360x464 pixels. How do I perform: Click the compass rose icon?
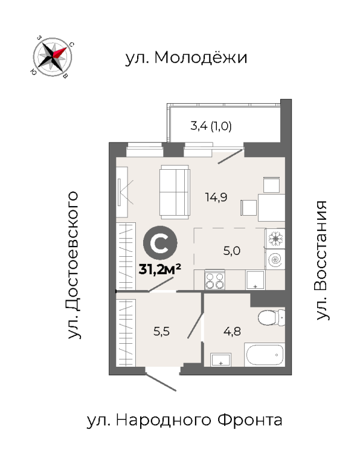(53, 57)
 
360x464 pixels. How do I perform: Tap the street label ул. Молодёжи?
(186, 58)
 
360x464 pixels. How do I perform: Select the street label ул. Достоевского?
(73, 265)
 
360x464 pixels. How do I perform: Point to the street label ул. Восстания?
(321, 260)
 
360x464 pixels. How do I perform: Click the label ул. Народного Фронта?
(184, 420)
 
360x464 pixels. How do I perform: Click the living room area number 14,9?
(216, 197)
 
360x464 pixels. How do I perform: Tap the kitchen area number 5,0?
(231, 251)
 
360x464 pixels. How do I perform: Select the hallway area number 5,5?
(161, 332)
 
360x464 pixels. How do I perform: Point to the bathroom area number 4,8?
(232, 332)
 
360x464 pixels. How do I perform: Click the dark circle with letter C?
(160, 243)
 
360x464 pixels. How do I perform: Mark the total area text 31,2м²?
(159, 269)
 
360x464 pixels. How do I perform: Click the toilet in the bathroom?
(271, 318)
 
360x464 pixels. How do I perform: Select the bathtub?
(265, 355)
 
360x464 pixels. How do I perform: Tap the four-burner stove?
(215, 280)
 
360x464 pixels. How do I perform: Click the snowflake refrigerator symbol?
(275, 238)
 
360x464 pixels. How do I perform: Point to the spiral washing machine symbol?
(275, 260)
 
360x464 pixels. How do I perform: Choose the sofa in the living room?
(175, 192)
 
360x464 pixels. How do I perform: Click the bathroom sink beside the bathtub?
(220, 359)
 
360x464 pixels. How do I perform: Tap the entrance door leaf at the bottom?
(161, 382)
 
